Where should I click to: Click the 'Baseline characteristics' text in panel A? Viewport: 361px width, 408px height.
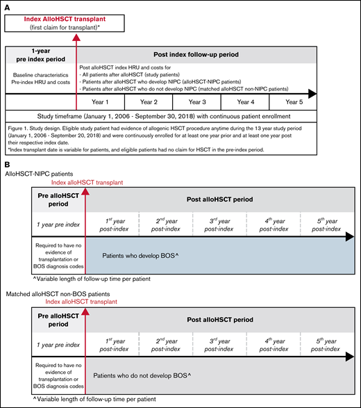click(x=40, y=74)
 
